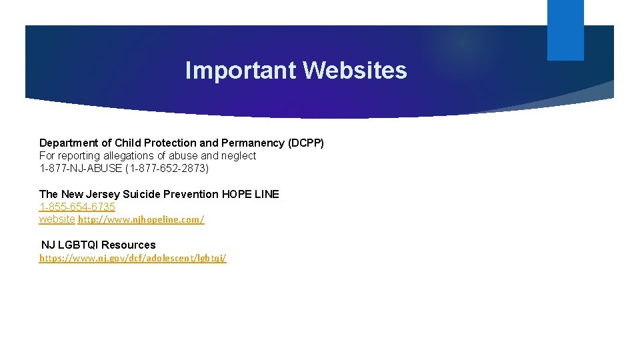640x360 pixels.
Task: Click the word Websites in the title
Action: (x=355, y=70)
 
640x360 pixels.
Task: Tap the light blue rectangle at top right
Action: (x=565, y=30)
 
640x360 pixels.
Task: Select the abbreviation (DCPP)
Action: (x=305, y=143)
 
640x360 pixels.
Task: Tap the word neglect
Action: (x=239, y=156)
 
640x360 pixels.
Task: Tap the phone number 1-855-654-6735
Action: (x=77, y=207)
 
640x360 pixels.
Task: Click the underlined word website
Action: (x=57, y=219)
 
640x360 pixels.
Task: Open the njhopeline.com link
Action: (x=141, y=220)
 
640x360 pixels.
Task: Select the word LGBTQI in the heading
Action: (x=78, y=245)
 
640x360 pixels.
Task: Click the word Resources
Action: (x=129, y=245)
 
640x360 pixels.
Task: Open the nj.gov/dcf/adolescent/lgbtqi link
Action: (x=133, y=258)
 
